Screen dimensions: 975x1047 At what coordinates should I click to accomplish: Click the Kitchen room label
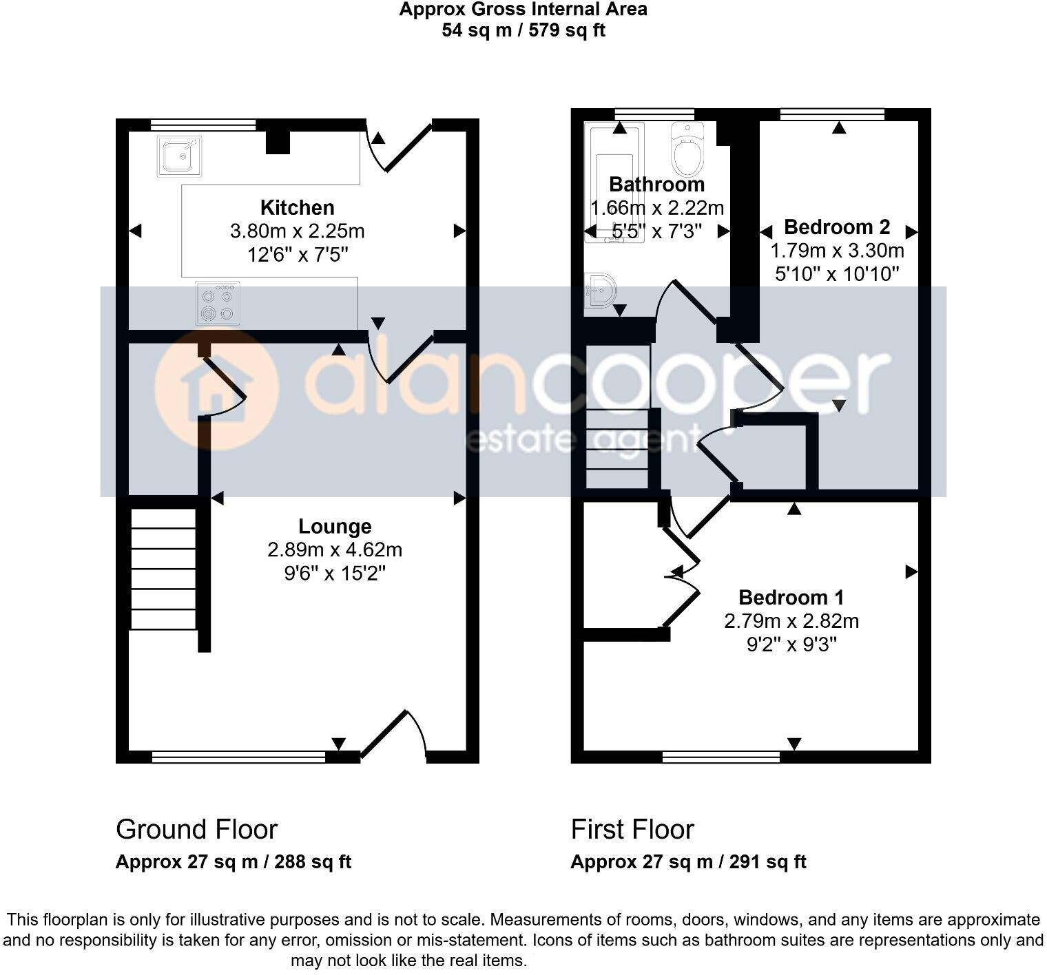pos(297,207)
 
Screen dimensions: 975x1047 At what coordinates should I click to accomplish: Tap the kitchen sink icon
pos(179,156)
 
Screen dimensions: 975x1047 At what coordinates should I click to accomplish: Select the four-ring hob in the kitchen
pos(218,303)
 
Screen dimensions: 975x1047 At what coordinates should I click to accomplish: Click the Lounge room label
pos(335,527)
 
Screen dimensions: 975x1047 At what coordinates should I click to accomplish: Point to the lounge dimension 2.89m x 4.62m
pos(335,550)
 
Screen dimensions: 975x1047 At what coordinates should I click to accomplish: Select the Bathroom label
pos(656,185)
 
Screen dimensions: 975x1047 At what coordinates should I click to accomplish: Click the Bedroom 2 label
pos(837,227)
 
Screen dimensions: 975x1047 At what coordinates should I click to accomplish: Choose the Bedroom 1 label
pos(791,597)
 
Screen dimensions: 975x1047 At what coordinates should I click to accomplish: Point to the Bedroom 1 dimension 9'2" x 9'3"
pos(791,644)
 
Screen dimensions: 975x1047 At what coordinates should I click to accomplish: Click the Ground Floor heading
pos(196,830)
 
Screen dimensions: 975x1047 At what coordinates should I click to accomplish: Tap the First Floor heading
pos(632,830)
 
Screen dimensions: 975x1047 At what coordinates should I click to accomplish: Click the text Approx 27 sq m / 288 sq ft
pos(234,862)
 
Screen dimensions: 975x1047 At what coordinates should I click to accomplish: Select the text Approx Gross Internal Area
pos(523,10)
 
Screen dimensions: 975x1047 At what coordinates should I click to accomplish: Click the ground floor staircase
pos(163,569)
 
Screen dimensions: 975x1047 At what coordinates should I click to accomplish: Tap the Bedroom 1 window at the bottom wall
pos(721,757)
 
